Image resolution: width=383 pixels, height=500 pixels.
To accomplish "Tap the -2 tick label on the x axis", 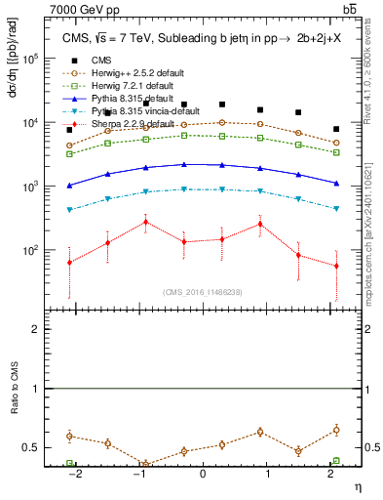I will tap(75, 475).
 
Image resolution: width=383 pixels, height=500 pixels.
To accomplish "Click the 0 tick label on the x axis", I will tap(203, 475).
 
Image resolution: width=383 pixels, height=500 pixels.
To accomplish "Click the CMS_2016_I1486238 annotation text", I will tap(203, 292).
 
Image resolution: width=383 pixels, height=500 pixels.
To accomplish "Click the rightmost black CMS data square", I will tap(336, 129).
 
